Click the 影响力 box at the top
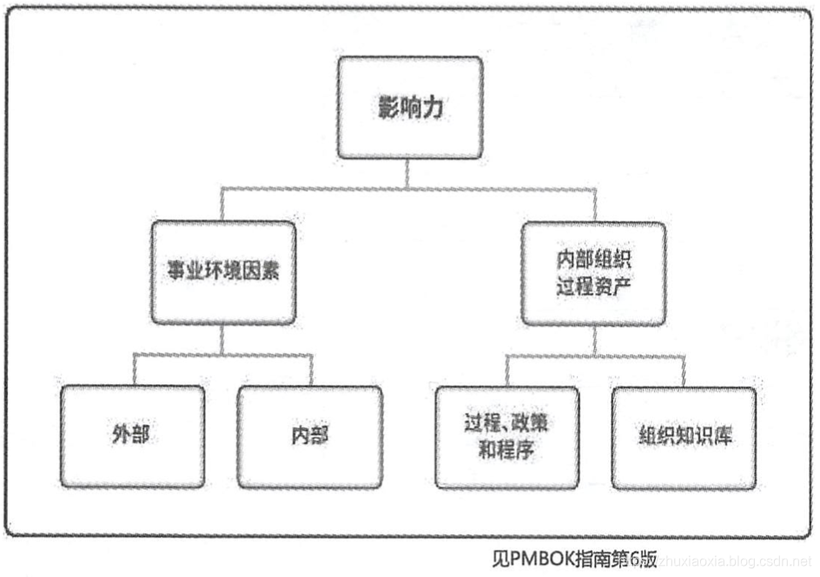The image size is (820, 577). point(409,108)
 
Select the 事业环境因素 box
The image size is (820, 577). point(222,271)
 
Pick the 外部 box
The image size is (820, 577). point(133,435)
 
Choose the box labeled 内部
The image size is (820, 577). point(309,435)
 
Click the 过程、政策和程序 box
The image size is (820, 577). point(506,437)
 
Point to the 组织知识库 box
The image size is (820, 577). point(683,437)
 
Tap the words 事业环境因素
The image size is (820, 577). point(222,271)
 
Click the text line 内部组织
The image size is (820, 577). point(594,259)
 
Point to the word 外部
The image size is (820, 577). point(133,435)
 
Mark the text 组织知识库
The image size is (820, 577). point(683,437)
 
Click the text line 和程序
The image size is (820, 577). point(506,451)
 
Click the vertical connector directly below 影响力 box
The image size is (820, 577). point(409,172)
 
